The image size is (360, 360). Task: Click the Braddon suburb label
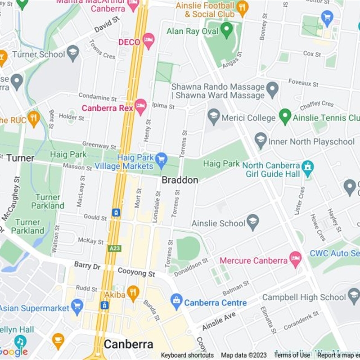click(180, 180)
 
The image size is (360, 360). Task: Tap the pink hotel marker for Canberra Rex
click(140, 107)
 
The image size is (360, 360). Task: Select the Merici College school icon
click(214, 117)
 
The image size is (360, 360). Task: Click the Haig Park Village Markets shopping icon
click(161, 159)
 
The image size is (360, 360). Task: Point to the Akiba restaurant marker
click(133, 293)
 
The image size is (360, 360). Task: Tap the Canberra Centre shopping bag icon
click(176, 301)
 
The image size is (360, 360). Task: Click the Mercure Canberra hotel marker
click(295, 260)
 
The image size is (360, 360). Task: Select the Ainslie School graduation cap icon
click(253, 222)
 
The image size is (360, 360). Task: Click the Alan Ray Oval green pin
click(227, 30)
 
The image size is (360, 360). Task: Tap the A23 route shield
click(115, 248)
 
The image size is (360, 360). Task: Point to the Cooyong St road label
click(136, 273)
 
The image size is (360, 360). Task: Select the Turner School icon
click(73, 53)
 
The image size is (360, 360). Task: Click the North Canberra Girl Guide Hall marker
click(308, 168)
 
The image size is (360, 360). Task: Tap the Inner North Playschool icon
click(261, 140)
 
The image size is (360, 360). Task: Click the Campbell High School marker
click(354, 296)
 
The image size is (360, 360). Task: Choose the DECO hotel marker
click(148, 41)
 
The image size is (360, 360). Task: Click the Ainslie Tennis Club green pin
click(285, 117)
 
